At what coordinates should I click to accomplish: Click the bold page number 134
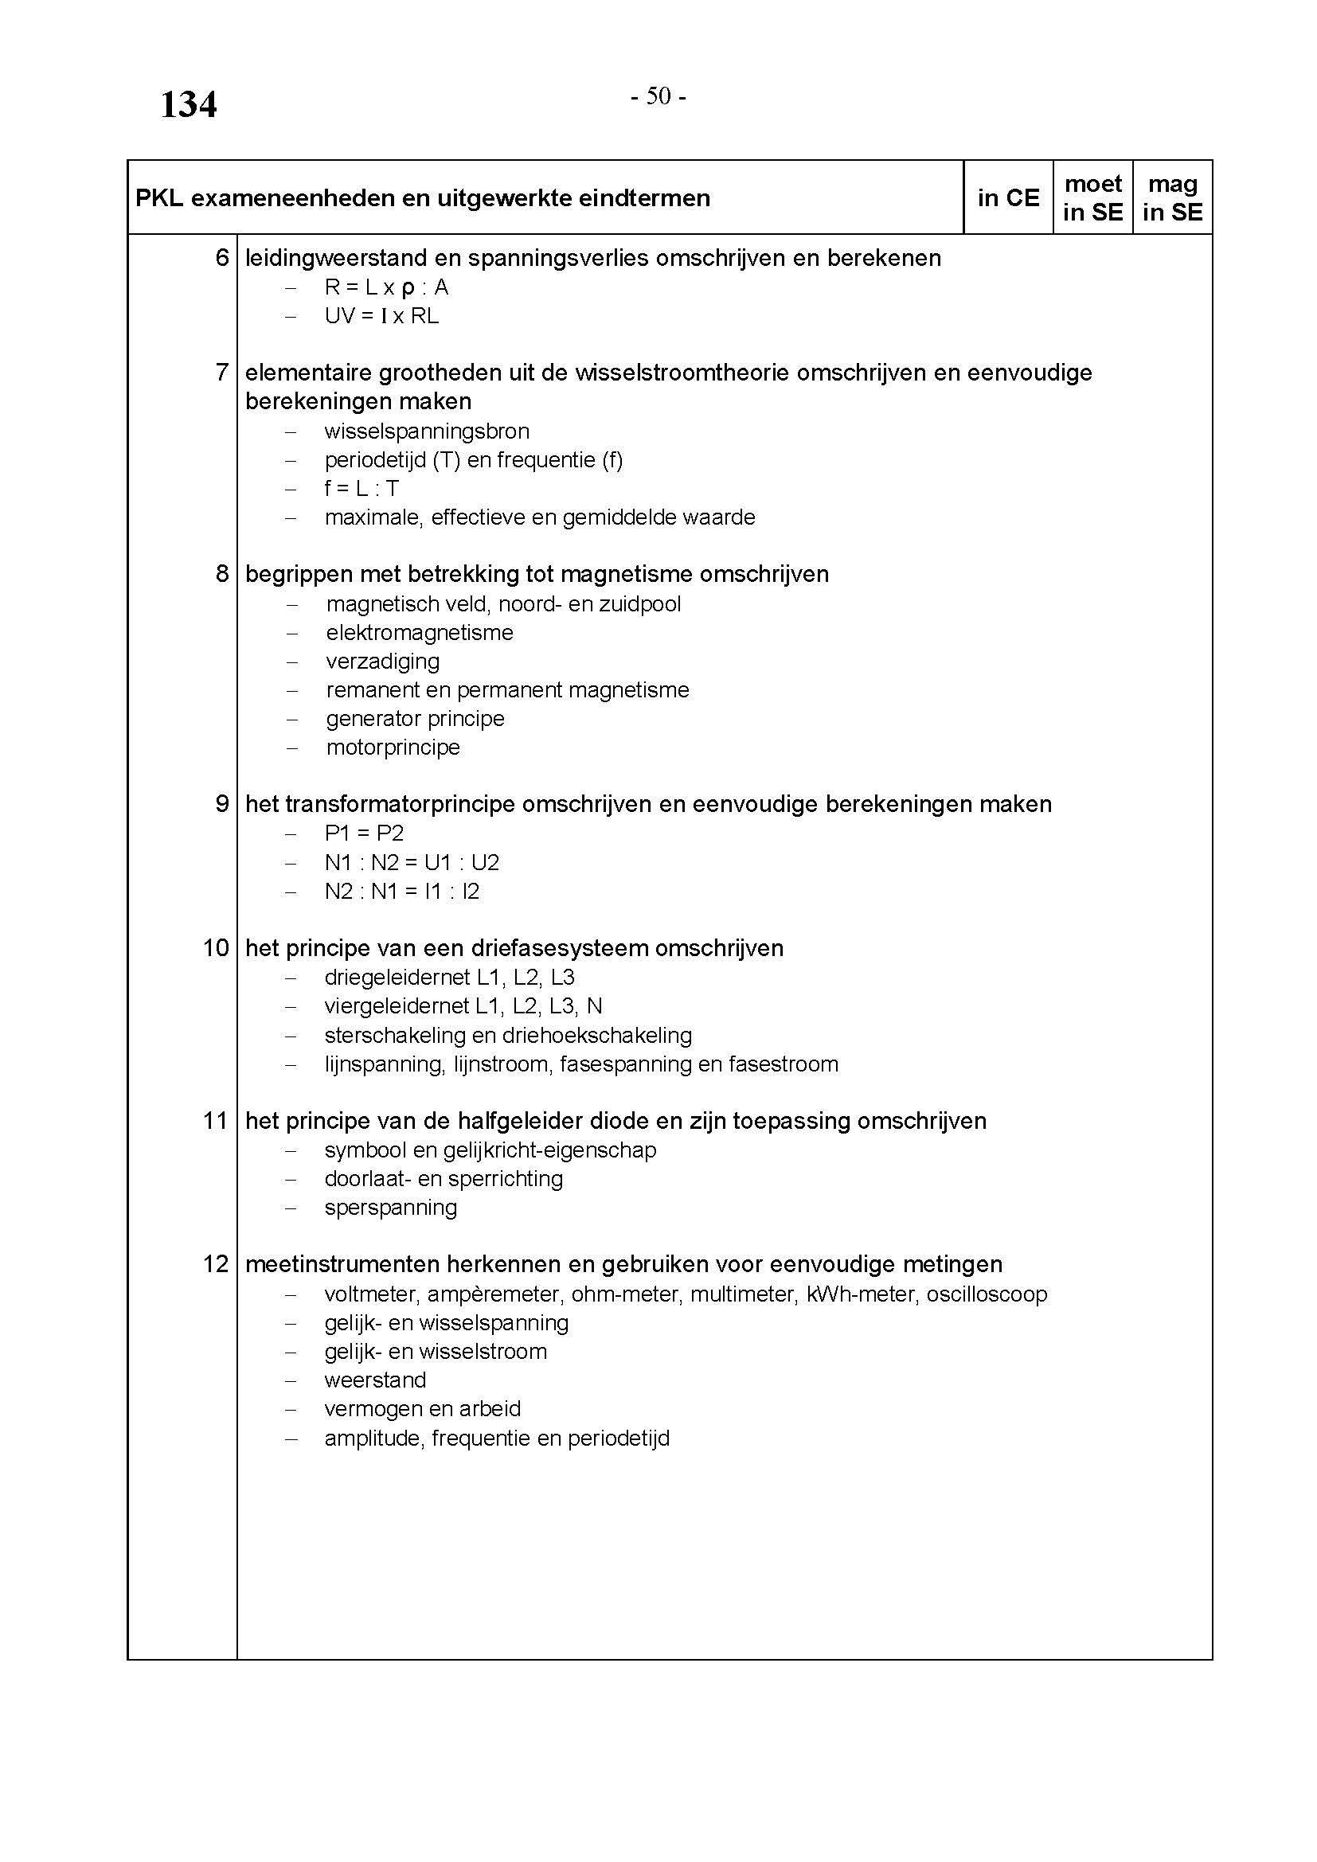[188, 105]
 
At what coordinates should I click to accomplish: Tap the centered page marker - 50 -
[658, 96]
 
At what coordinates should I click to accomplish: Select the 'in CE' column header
[1008, 198]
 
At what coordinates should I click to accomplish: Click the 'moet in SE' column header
[1092, 198]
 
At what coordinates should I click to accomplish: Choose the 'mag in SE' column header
[1172, 198]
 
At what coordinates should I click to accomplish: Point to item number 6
[222, 258]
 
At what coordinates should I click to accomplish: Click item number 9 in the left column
[222, 804]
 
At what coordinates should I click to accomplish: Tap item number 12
[216, 1263]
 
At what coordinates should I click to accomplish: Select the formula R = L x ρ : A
[386, 287]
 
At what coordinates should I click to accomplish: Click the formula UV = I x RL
[381, 316]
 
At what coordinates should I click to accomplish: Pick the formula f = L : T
[361, 488]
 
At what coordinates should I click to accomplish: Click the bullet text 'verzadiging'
[383, 661]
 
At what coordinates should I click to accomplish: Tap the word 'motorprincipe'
[393, 747]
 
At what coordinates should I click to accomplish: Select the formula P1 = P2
[364, 833]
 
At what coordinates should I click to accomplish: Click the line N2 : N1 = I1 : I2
[401, 892]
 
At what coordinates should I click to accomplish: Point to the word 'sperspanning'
[390, 1208]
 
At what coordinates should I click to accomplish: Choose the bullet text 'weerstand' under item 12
[375, 1380]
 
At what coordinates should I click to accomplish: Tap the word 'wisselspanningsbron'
[427, 431]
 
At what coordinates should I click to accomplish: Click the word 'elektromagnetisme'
[420, 633]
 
